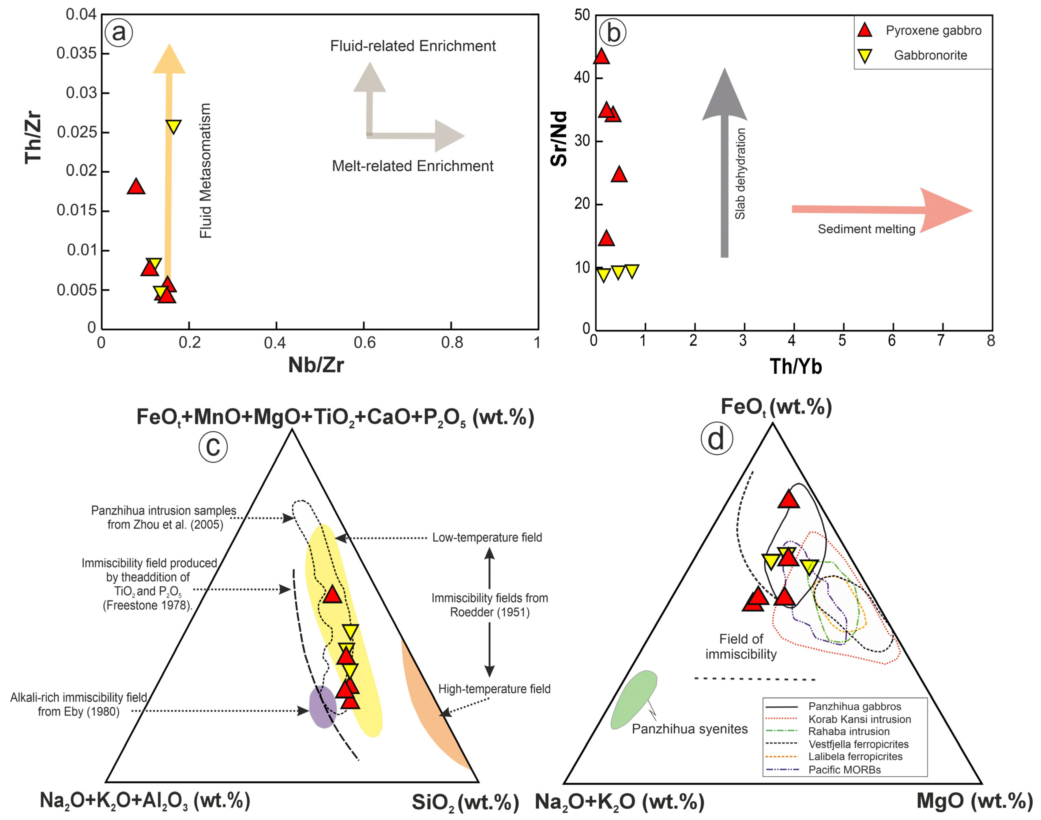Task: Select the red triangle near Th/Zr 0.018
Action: tap(136, 187)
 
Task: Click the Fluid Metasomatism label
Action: tap(205, 170)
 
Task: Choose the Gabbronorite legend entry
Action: tap(930, 55)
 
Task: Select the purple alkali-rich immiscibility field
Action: tap(322, 707)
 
